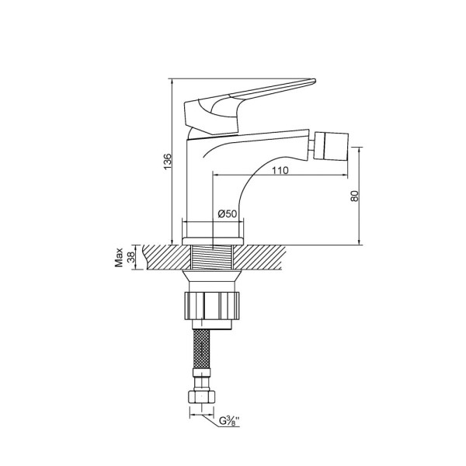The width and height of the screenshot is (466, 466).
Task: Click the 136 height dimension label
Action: [168, 162]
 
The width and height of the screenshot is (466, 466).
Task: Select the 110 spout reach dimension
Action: [280, 171]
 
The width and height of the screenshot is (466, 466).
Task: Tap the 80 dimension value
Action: [355, 196]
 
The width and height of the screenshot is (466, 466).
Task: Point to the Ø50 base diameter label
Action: [228, 214]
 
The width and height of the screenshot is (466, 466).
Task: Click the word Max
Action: [119, 257]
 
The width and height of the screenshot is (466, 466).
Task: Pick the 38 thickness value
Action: [130, 257]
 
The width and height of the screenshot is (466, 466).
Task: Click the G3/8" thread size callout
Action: [229, 421]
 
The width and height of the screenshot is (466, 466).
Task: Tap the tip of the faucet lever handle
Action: [315, 80]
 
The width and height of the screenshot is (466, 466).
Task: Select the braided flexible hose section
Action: [201, 349]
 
